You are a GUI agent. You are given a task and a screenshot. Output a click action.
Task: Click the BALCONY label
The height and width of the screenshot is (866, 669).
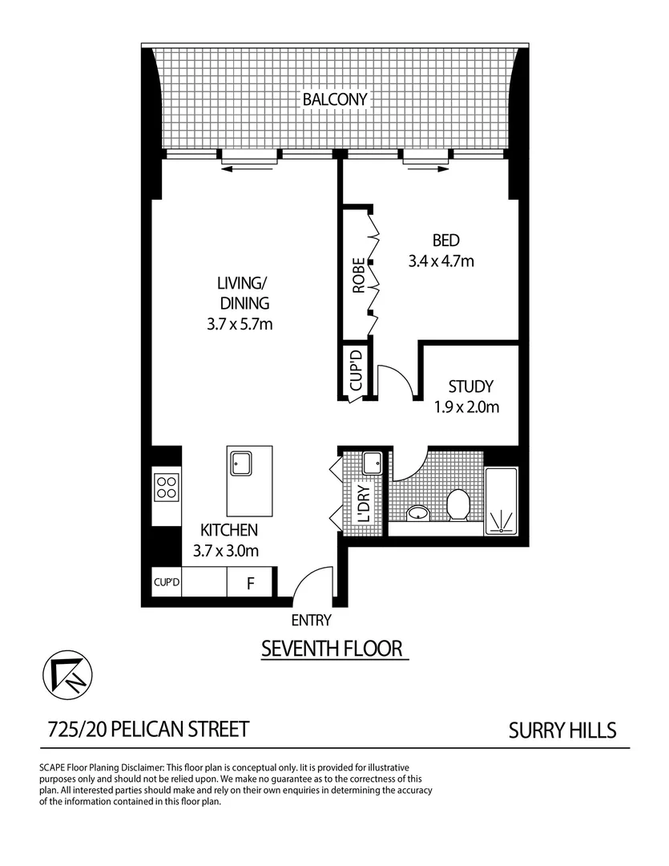(x=334, y=99)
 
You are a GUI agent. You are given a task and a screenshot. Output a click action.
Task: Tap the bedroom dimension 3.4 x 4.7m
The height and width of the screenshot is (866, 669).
(x=443, y=260)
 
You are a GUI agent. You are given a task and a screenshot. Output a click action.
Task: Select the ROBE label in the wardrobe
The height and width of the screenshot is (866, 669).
(x=359, y=274)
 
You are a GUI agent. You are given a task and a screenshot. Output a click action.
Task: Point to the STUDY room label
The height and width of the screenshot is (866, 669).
(x=470, y=386)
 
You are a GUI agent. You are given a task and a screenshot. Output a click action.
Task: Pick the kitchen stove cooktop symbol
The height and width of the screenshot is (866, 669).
(x=167, y=486)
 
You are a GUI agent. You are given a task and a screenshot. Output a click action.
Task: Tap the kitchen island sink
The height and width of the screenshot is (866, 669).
(x=241, y=463)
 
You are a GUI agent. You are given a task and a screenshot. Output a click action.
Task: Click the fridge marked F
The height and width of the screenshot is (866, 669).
(x=250, y=584)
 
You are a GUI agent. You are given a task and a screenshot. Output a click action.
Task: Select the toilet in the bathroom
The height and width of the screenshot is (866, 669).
(x=457, y=504)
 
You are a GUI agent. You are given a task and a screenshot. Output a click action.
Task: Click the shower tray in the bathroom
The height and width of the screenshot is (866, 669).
(x=502, y=500)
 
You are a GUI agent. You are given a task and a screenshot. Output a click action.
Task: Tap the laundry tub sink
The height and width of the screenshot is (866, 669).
(x=373, y=463)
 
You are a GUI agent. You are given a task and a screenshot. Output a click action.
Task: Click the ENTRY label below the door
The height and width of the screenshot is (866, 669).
(x=311, y=620)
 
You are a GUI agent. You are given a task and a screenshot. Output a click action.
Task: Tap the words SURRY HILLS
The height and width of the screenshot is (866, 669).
(x=562, y=730)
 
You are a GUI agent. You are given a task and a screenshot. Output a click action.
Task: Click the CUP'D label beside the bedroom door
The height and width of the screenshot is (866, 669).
(x=355, y=370)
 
